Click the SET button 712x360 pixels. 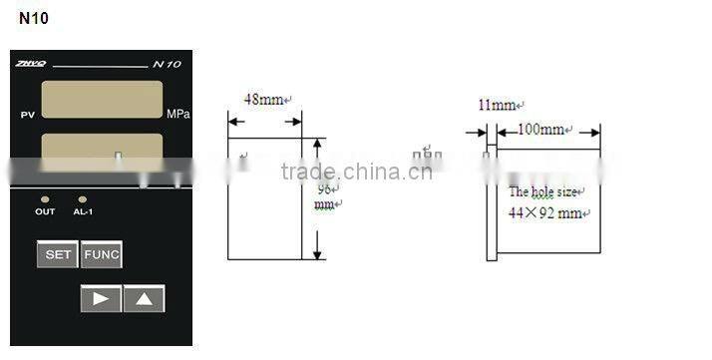tap(58, 255)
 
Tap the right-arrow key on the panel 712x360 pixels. tap(101, 298)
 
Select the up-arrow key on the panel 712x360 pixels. tap(144, 298)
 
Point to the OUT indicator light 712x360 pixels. tap(46, 199)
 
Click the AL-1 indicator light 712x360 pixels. tap(82, 199)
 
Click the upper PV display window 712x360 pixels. tap(102, 100)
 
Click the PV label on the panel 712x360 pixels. tap(27, 116)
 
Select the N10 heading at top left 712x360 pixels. tap(33, 18)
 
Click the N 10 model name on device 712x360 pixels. tap(167, 65)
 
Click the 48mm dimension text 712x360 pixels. tap(263, 100)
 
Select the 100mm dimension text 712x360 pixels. tap(541, 130)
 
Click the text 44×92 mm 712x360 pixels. tap(544, 212)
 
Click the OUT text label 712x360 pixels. tap(46, 212)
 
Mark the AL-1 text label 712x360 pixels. tap(83, 212)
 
